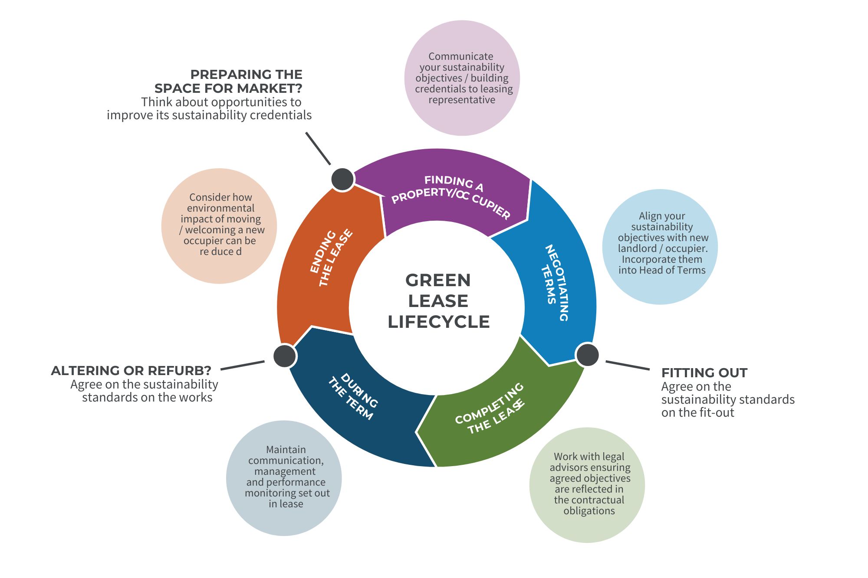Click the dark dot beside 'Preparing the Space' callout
tap(342, 179)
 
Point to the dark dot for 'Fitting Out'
tap(587, 355)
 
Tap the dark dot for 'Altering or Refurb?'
tap(285, 356)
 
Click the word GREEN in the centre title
tap(438, 281)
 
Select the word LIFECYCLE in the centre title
tap(438, 322)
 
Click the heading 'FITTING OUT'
tap(704, 373)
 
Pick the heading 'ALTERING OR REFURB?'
tap(131, 371)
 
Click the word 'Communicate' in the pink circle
tap(460, 56)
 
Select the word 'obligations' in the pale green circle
tap(589, 511)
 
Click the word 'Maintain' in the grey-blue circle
tap(286, 450)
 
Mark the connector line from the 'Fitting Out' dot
tap(628, 365)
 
